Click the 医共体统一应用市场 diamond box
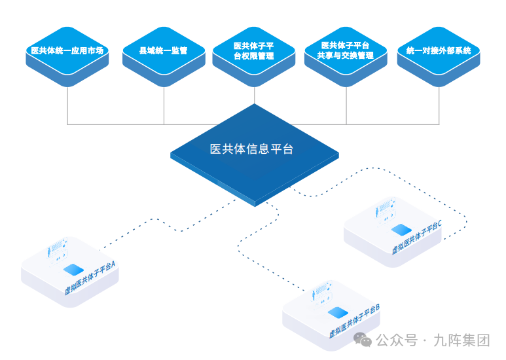(67, 50)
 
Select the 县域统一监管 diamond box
(164, 50)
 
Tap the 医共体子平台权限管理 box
(254, 51)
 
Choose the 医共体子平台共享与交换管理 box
(346, 51)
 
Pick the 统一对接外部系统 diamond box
(439, 50)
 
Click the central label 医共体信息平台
(251, 149)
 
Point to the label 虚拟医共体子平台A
(90, 278)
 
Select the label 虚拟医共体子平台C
(417, 237)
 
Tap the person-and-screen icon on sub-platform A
(58, 250)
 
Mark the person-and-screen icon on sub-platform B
(322, 293)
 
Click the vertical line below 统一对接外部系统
(439, 105)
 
